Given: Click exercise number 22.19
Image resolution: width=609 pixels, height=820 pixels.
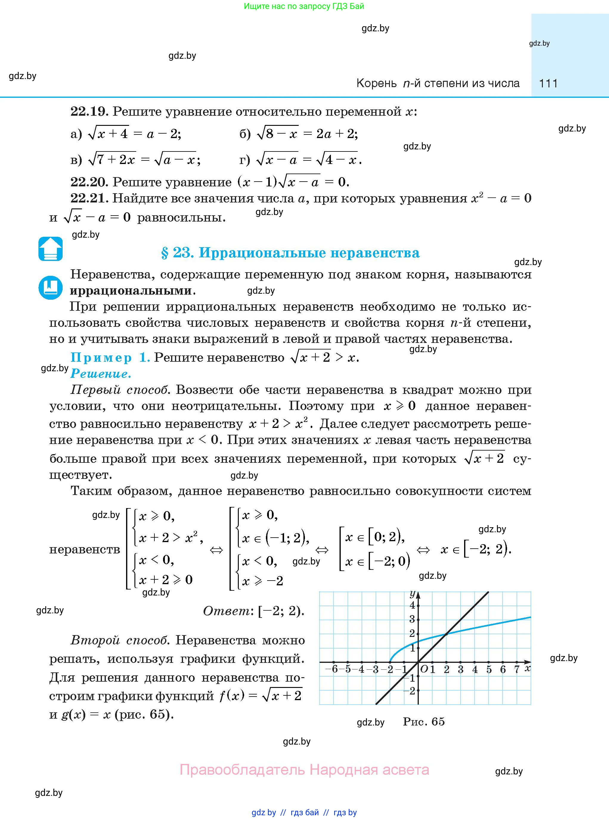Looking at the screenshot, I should (89, 111).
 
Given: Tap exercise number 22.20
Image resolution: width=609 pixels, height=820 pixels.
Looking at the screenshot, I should (89, 182).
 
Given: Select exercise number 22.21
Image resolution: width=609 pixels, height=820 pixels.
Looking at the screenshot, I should (89, 198).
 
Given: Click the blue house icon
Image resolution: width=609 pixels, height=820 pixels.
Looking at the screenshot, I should (50, 249).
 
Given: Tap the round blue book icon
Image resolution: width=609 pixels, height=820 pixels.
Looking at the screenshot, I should (50, 287).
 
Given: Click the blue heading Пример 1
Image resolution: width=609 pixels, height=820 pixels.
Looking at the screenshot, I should (110, 357).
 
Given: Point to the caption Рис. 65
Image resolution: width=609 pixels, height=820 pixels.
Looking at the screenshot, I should (424, 722).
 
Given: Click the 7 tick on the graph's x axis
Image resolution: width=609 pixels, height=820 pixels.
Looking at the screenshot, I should (517, 669).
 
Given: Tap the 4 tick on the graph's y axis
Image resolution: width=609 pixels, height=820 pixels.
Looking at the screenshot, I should (412, 605).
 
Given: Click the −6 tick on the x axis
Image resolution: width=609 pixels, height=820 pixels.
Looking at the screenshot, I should (332, 669).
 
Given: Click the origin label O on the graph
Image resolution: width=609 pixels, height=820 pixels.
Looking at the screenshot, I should (424, 669).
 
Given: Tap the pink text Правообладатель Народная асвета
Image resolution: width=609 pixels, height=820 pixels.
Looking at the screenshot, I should (304, 770).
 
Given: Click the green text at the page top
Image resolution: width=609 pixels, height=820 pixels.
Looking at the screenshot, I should (304, 6).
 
